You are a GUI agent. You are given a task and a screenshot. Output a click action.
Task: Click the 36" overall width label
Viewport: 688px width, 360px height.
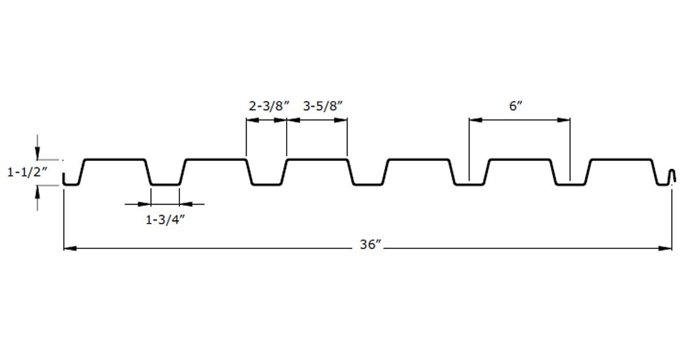tap(370, 245)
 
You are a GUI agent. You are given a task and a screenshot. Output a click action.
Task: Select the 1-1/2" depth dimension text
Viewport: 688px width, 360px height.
tap(28, 173)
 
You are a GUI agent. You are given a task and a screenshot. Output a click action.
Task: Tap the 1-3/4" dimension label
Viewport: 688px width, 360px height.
tap(165, 220)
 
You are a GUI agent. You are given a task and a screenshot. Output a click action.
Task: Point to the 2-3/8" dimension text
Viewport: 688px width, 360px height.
tap(269, 106)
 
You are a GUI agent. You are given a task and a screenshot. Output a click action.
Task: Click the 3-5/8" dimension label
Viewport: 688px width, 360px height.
tap(322, 106)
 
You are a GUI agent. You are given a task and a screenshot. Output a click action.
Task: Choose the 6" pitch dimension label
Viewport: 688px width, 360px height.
tap(515, 106)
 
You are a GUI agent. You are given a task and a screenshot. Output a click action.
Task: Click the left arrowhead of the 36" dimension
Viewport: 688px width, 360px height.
tap(70, 248)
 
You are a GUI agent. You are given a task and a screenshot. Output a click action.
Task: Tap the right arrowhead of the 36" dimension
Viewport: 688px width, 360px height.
tap(665, 248)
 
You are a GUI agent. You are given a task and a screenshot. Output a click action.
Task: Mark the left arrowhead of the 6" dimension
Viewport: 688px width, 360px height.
tap(475, 120)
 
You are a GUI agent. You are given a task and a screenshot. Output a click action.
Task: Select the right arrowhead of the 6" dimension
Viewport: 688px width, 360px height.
tap(564, 120)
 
